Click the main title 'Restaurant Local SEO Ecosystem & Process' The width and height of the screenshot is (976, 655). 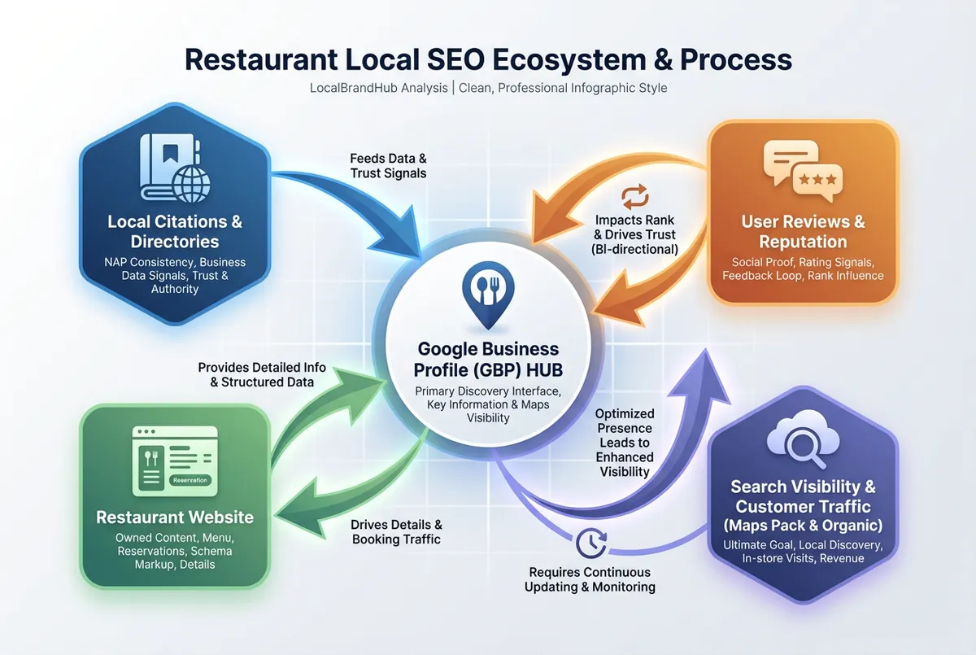[488, 59]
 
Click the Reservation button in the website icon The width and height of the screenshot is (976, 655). [191, 480]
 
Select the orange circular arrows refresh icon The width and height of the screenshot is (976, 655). [635, 196]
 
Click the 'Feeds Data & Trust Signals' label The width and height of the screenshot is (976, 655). [388, 165]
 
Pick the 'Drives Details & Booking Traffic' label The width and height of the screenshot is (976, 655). [397, 531]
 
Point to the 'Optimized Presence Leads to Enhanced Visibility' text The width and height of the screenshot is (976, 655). [624, 442]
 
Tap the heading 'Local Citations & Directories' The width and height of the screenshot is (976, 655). [175, 231]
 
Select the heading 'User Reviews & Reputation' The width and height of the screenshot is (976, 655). [803, 231]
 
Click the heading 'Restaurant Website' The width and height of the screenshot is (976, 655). [175, 517]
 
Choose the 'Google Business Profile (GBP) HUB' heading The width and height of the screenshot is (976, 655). [488, 360]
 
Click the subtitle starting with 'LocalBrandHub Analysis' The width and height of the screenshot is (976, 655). [488, 87]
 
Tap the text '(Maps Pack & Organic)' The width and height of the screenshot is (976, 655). [803, 525]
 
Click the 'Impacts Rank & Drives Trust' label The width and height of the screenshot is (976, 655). [636, 234]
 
